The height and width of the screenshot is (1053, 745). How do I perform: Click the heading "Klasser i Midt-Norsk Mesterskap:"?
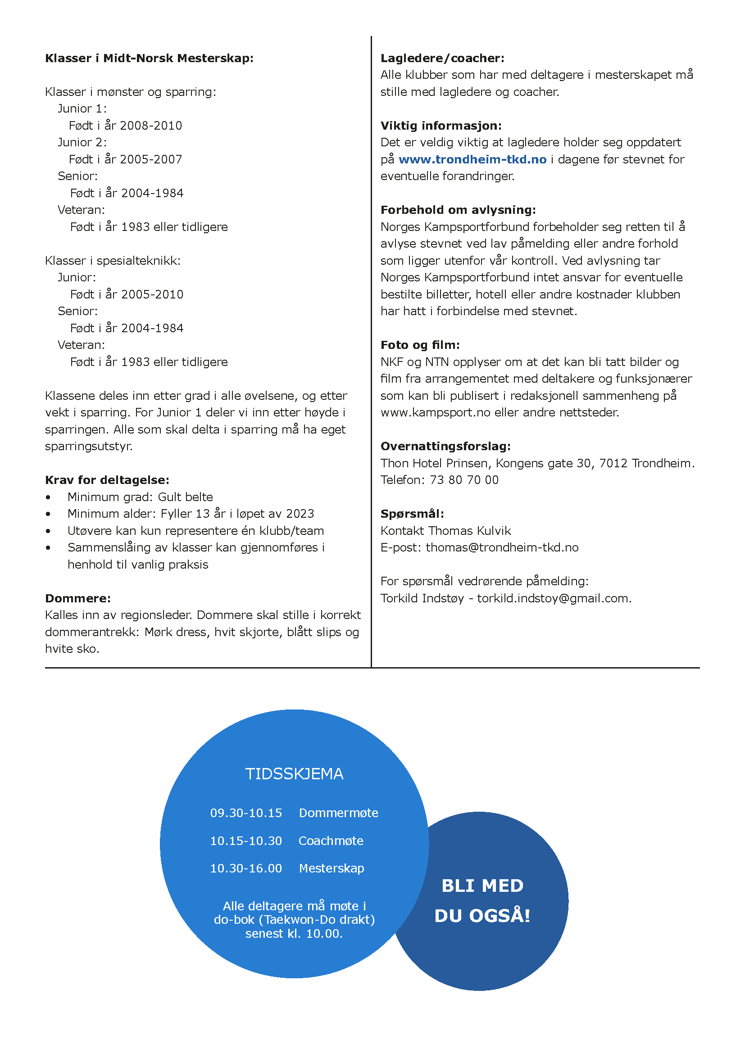pyautogui.click(x=149, y=58)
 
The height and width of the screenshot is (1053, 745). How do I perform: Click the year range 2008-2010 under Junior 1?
pyautogui.click(x=151, y=126)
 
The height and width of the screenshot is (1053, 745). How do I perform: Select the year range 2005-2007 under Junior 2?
pyautogui.click(x=151, y=160)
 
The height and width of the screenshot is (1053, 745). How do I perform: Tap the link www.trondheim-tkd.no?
pyautogui.click(x=472, y=160)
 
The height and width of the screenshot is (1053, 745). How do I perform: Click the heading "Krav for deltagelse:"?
pyautogui.click(x=107, y=480)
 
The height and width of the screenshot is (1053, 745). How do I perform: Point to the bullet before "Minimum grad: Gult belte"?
pyautogui.click(x=48, y=497)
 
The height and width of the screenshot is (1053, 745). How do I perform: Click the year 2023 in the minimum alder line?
pyautogui.click(x=300, y=514)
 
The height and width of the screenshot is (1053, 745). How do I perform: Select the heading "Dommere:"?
pyautogui.click(x=77, y=598)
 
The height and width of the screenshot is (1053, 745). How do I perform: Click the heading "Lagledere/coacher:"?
pyautogui.click(x=442, y=58)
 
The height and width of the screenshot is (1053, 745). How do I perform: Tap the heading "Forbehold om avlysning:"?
pyautogui.click(x=458, y=210)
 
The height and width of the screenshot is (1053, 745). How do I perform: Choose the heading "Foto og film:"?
pyautogui.click(x=420, y=345)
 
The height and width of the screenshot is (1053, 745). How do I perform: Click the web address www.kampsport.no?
pyautogui.click(x=436, y=413)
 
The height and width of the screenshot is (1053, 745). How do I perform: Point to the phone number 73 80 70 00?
pyautogui.click(x=464, y=480)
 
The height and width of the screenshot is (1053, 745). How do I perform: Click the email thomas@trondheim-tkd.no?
pyautogui.click(x=502, y=547)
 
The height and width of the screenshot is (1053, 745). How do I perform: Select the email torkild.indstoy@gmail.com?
pyautogui.click(x=554, y=598)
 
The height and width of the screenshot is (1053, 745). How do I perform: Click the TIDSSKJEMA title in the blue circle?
pyautogui.click(x=294, y=774)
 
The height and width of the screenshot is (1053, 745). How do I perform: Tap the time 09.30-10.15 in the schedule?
pyautogui.click(x=246, y=813)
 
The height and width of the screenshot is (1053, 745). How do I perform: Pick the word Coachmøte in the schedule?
pyautogui.click(x=331, y=841)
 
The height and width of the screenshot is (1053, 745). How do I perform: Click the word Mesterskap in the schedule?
pyautogui.click(x=331, y=868)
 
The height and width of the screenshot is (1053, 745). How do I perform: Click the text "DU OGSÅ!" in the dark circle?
pyautogui.click(x=482, y=916)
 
